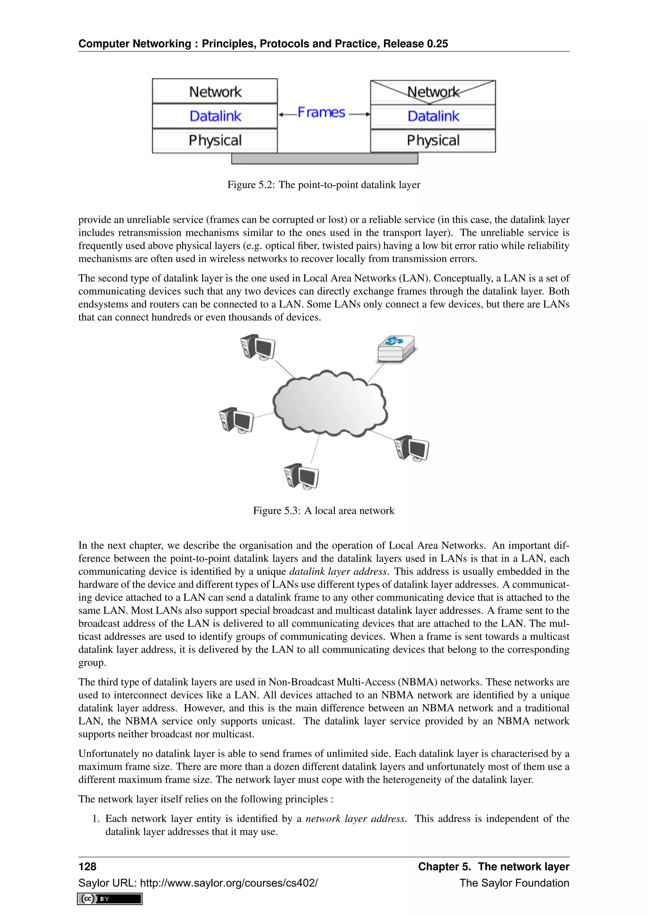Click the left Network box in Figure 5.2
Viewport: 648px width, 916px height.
click(215, 91)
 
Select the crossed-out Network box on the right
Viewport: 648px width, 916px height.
click(433, 92)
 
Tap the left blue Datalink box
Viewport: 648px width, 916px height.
click(215, 116)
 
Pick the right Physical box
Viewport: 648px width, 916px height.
click(433, 140)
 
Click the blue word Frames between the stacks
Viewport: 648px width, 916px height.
click(321, 113)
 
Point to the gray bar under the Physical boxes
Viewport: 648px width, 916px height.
click(324, 159)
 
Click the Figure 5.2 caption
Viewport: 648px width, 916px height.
click(324, 185)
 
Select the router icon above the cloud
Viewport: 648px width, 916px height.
click(396, 348)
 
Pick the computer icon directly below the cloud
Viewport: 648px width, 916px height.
click(301, 476)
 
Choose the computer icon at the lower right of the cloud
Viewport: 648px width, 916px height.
click(411, 448)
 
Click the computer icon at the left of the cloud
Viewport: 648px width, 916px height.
click(236, 420)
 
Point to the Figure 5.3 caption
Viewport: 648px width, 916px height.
click(324, 511)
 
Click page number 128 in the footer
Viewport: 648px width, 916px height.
click(87, 866)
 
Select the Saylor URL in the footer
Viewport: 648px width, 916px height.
click(198, 883)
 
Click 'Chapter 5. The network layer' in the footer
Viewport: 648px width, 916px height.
click(493, 866)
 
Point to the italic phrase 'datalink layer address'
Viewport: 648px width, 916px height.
click(338, 571)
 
